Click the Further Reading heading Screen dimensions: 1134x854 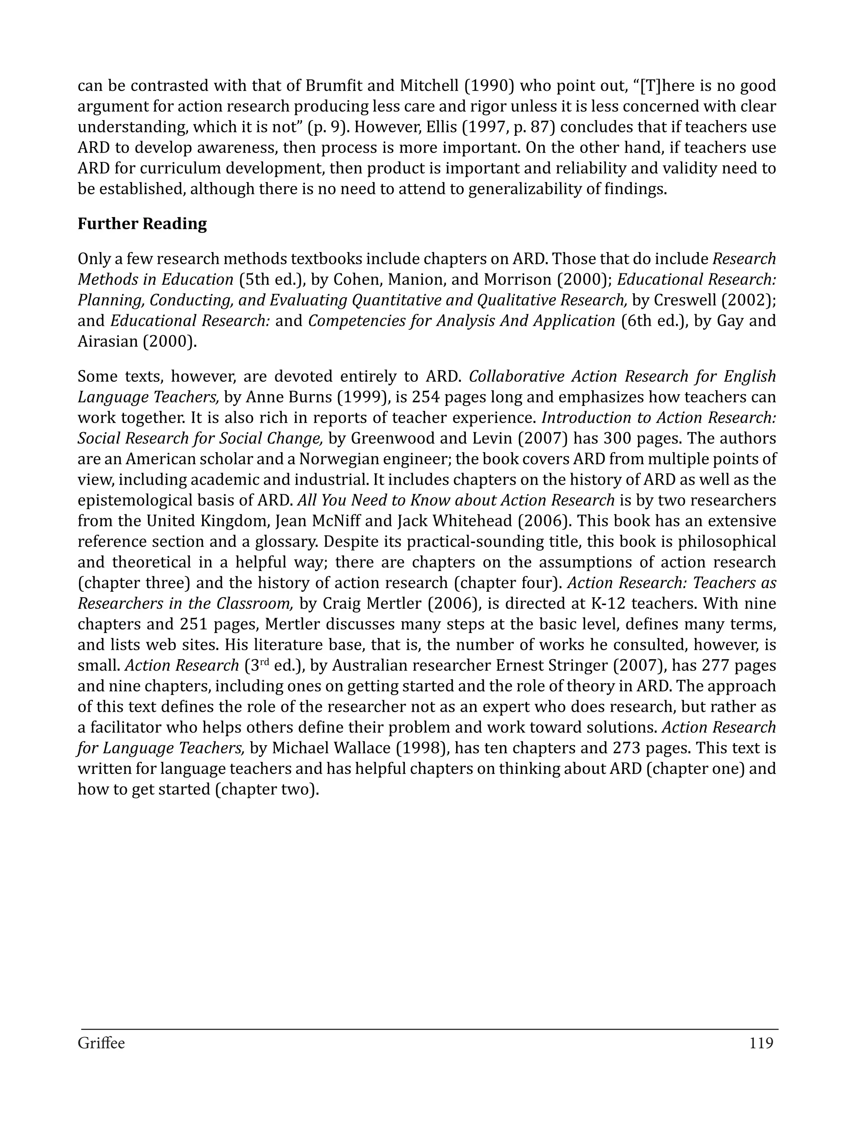tap(142, 224)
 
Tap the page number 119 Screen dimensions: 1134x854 tap(761, 1043)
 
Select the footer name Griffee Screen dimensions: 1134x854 tap(101, 1043)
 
